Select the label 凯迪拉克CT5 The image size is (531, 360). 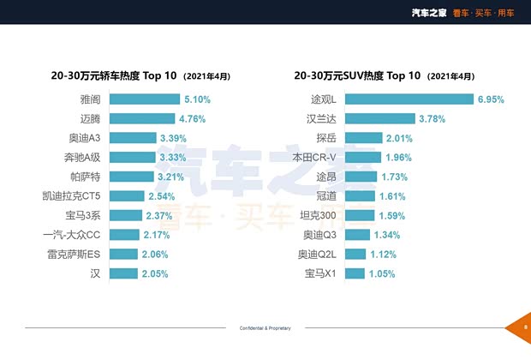77,196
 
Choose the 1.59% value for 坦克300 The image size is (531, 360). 391,216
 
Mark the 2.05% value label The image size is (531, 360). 154,274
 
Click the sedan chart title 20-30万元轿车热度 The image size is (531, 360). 114,75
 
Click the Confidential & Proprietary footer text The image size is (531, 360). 266,328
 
